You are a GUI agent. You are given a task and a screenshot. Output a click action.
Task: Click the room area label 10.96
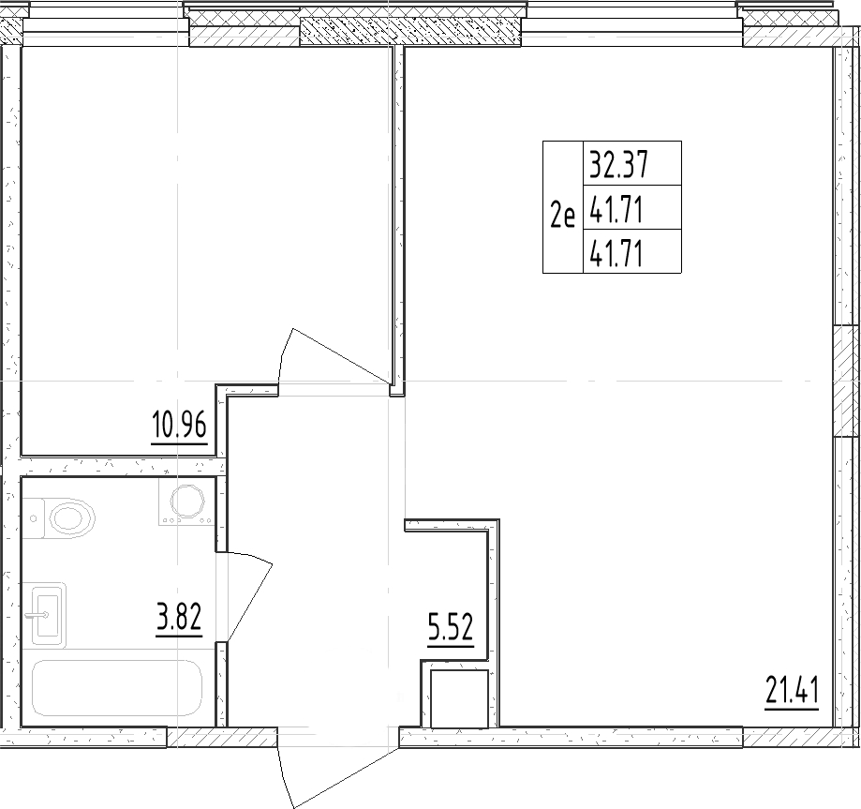177,427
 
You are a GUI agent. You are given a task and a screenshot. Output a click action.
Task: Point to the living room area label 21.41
792,695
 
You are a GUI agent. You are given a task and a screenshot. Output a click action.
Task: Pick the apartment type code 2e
562,217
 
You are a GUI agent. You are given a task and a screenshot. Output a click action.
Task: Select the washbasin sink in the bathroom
49,615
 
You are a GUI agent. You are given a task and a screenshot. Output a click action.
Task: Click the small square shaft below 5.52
459,699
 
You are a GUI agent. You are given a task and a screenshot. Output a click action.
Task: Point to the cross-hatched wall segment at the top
409,34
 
